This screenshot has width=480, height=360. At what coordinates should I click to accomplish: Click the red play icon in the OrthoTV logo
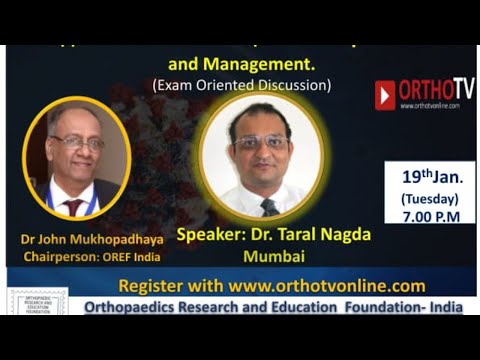coord(385,95)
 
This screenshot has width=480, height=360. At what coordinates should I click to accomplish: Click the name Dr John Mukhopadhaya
coord(76,240)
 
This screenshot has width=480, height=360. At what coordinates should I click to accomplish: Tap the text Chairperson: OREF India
coord(76,257)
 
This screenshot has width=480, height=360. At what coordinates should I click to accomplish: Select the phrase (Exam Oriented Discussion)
coord(242,85)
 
